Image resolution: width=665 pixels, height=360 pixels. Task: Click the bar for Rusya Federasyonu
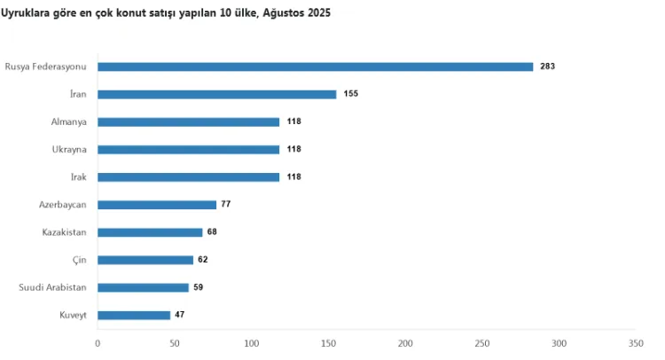[x=315, y=67]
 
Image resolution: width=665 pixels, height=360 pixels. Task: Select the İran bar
[x=216, y=94]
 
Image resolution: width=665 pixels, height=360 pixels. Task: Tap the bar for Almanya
[x=188, y=121]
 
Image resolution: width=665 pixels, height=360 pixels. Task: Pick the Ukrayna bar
[x=188, y=149]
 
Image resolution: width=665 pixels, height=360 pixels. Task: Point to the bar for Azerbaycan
[x=157, y=204]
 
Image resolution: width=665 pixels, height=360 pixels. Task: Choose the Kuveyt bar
[x=134, y=315]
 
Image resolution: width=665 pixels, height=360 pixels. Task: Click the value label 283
[x=546, y=67]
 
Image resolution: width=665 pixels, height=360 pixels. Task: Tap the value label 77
[x=225, y=204]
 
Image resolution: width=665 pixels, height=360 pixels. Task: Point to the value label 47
[x=180, y=315]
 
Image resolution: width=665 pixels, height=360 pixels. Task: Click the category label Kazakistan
[x=64, y=232]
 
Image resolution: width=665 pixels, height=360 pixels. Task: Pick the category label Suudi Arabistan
[x=53, y=287]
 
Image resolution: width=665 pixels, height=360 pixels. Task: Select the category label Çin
[x=80, y=260]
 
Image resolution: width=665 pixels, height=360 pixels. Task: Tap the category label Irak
[x=78, y=176]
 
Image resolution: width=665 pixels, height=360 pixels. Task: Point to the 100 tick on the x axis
[x=251, y=343]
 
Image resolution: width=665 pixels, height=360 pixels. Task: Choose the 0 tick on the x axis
[x=98, y=343]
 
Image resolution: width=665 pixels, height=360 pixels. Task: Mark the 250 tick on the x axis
[x=481, y=343]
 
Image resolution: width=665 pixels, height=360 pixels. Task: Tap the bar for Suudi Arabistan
[x=143, y=287]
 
